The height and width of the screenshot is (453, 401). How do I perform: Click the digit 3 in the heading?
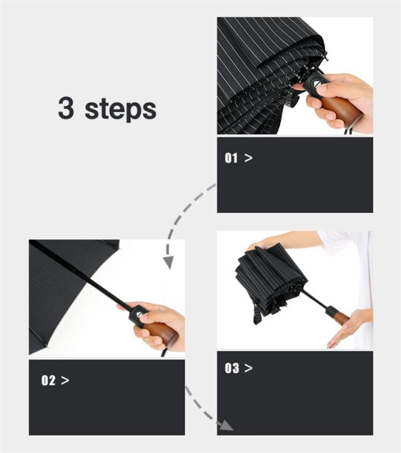click(66, 108)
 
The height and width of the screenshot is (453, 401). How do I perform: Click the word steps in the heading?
click(121, 109)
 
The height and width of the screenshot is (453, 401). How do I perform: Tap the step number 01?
click(231, 158)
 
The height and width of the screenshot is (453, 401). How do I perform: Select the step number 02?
click(48, 380)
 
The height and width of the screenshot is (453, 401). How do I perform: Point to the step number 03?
click(232, 368)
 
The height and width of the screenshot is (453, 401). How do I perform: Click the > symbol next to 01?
click(248, 158)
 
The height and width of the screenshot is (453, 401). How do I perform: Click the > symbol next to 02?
click(65, 380)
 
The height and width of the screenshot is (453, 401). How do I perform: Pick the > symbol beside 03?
click(248, 368)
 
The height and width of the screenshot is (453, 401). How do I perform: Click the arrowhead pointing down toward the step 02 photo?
click(169, 262)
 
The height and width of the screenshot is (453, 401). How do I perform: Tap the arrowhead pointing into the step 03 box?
click(226, 425)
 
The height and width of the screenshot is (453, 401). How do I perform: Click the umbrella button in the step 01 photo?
click(316, 84)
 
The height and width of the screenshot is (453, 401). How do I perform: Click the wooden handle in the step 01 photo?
click(342, 108)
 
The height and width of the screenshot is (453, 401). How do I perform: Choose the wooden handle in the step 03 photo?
click(342, 317)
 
